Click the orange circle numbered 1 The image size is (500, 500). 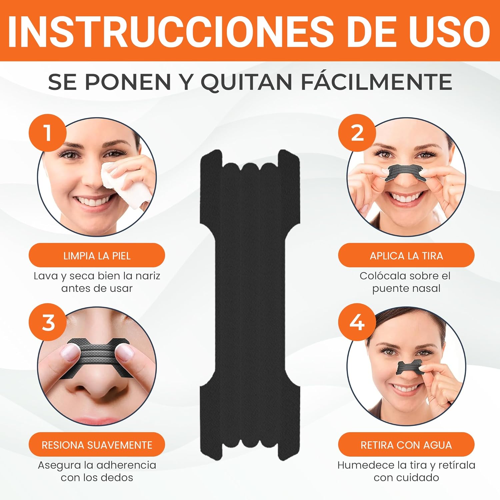tap(48, 133)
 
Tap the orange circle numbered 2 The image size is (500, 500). tap(357, 133)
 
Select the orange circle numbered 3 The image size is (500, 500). tap(48, 322)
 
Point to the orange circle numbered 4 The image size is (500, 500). tap(357, 322)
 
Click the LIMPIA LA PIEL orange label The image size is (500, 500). tap(97, 256)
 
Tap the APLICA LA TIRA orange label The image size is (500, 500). tap(406, 256)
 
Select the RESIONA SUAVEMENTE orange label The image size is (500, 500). tap(97, 445)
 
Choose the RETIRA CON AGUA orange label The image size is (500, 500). tap(406, 445)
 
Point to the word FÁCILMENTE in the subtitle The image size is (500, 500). tap(377, 82)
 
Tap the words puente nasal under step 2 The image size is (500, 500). tap(406, 288)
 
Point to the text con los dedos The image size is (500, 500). tap(97, 477)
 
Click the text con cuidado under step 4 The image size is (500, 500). tap(406, 477)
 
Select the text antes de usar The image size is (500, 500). tap(97, 288)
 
